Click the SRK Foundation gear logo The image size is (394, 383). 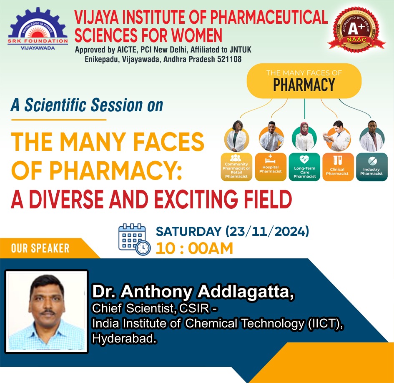point(38,29)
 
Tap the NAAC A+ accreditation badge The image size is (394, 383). point(356,30)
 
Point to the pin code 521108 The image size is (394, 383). point(229,59)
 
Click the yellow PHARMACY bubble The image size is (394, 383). point(304,80)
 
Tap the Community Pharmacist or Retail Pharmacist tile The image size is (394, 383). point(236,167)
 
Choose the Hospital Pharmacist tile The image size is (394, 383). point(271,167)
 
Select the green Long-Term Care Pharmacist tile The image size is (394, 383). point(304,167)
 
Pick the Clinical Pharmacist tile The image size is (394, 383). point(338,167)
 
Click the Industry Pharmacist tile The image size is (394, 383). point(372,167)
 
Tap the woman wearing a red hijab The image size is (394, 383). point(304,137)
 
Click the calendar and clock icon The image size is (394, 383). point(134,240)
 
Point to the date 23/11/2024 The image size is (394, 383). point(267,231)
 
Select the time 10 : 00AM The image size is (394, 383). point(194,248)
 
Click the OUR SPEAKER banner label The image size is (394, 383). point(40,248)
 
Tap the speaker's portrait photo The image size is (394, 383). point(46,311)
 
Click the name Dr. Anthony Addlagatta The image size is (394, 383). point(193,292)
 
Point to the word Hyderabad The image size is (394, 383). point(124,338)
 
